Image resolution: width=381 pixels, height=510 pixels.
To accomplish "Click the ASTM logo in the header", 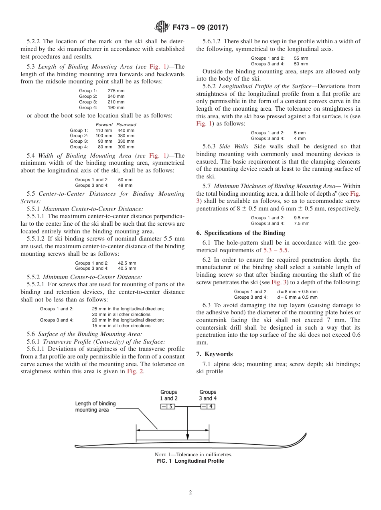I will [x=162, y=27].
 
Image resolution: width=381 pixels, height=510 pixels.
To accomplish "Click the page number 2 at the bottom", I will [x=190, y=493].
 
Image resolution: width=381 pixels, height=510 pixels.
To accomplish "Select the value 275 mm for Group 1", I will [x=116, y=91].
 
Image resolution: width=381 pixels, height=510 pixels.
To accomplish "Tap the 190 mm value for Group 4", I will [x=116, y=107].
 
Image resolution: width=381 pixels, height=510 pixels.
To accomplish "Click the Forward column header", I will [x=104, y=125].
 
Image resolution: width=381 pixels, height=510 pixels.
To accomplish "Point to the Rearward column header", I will [x=126, y=125].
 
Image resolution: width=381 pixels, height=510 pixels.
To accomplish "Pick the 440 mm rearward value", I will [x=126, y=130].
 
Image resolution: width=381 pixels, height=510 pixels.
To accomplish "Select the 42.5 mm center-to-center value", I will [x=127, y=263].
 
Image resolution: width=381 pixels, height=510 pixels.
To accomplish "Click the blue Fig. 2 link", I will [x=135, y=371].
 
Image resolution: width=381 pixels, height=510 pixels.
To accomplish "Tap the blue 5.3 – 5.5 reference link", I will [x=276, y=250].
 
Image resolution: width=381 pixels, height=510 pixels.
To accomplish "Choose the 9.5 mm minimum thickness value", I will [x=302, y=218].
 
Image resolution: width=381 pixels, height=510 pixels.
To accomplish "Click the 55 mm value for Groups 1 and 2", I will [x=301, y=58].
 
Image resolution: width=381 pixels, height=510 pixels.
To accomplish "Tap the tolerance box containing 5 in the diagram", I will [x=168, y=407].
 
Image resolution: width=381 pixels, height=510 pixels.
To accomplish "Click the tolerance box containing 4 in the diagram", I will [x=208, y=407].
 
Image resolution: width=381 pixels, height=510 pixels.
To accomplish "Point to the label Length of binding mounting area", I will [x=95, y=407].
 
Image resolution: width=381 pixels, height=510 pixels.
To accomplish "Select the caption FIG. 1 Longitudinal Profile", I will [x=190, y=461].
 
